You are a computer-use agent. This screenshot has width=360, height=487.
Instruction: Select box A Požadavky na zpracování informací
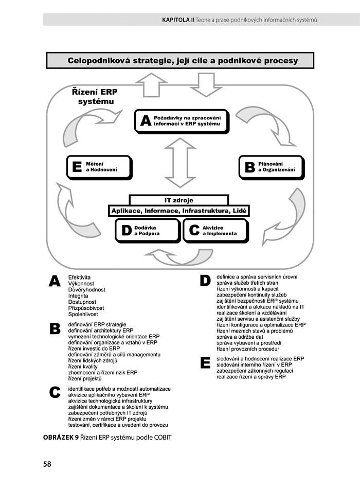tap(181, 120)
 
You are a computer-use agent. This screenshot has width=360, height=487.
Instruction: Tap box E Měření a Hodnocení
tap(99, 166)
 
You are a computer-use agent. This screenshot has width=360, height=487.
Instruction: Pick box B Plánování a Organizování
tap(272, 166)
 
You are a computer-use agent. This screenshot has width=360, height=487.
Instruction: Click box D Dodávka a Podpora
tap(148, 230)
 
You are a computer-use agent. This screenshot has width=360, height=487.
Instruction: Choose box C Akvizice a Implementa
tap(215, 230)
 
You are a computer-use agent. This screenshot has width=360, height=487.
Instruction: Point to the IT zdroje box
tap(178, 200)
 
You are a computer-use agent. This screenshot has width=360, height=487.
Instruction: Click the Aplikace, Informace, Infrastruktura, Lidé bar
tap(178, 211)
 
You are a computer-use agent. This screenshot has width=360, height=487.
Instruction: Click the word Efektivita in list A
tap(79, 277)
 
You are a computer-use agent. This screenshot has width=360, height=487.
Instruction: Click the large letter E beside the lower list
tap(205, 363)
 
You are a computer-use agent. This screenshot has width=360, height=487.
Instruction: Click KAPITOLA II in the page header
tap(177, 20)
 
